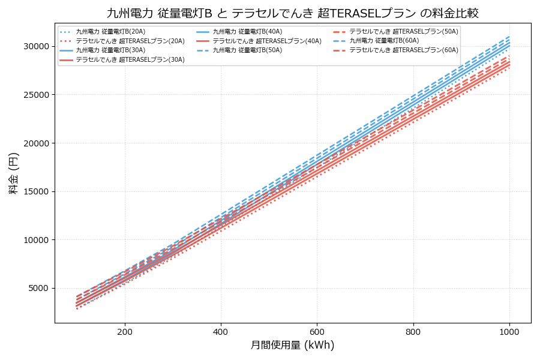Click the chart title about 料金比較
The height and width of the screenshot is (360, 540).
pos(292,13)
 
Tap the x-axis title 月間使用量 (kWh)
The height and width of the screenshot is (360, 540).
pos(292,345)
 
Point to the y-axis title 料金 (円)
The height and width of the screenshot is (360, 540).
pos(13,173)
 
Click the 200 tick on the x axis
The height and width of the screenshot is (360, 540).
pos(125,331)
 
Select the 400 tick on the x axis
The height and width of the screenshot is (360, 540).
pos(221,331)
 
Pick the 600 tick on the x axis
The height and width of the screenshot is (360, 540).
pos(317,331)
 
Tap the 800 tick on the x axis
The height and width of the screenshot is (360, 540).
pos(413,331)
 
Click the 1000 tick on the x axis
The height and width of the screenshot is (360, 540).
pos(509,331)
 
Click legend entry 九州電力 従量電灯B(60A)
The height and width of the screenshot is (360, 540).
pos(384,41)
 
